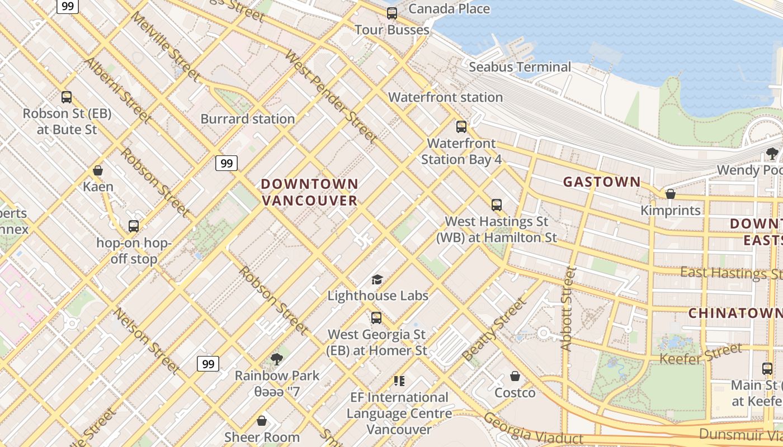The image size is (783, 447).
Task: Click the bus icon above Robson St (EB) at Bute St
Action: pos(67,97)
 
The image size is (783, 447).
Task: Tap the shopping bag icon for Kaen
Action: pos(98,170)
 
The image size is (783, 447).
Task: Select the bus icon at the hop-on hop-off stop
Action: pos(134,226)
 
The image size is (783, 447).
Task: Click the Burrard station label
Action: pos(247,119)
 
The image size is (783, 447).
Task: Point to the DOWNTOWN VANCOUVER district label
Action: pos(310,192)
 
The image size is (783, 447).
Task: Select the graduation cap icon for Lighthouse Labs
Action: pos(377,279)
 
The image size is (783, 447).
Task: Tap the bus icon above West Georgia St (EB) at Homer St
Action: pos(376,318)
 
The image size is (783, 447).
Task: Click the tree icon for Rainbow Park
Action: pos(276,359)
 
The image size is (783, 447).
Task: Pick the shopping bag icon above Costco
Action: pos(515,377)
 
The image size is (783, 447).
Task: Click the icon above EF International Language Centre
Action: pos(399,381)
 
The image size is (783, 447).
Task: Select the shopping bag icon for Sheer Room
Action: pos(262,421)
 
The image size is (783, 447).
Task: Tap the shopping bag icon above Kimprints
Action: pos(670,194)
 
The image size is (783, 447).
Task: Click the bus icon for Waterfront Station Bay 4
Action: pos(461,127)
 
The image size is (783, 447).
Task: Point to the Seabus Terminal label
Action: pos(520,67)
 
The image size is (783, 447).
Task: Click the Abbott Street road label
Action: pos(568,308)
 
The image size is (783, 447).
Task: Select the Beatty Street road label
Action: pos(494,330)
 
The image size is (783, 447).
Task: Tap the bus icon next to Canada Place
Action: pos(392,13)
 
